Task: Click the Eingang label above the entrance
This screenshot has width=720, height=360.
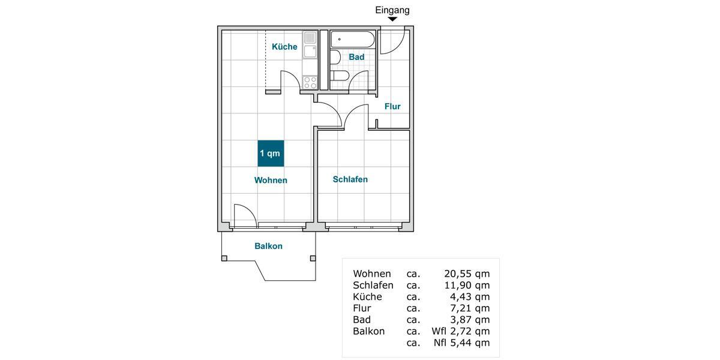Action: point(392,10)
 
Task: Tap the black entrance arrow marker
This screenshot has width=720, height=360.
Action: point(392,20)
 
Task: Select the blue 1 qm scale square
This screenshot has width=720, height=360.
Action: point(270,154)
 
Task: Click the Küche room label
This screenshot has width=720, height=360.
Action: point(284,47)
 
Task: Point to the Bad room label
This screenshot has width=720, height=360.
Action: point(357,57)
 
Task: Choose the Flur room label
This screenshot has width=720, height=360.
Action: point(392,107)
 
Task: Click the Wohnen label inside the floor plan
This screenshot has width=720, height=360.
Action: point(271,180)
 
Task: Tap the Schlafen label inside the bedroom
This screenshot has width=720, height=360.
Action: point(350,179)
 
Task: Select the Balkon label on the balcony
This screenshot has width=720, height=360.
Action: point(268,246)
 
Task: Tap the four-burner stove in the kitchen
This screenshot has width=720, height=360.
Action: point(310,82)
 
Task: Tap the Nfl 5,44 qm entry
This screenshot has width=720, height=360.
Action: point(461,343)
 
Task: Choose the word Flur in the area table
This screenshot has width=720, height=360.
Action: point(362,308)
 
